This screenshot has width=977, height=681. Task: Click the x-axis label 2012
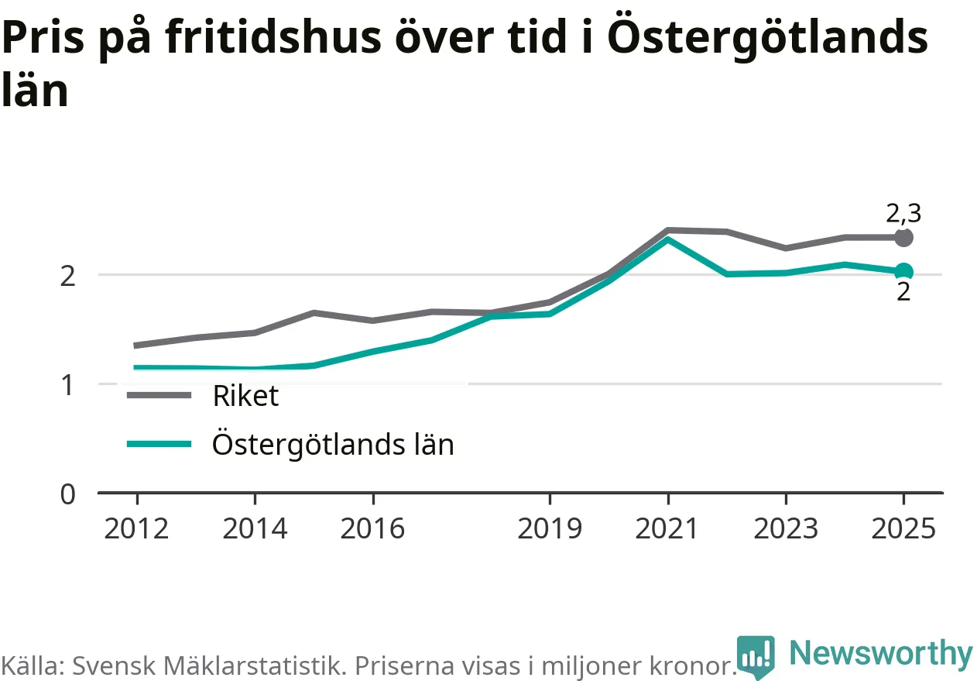pos(136,528)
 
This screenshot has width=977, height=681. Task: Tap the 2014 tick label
pos(255,528)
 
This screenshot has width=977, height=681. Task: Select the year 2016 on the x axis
pos(372,528)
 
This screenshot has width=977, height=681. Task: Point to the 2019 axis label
pos(550,528)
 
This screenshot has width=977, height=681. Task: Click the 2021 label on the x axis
pos(667,528)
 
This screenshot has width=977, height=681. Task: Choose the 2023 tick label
pos(786,528)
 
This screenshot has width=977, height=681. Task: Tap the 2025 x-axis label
pos(903,528)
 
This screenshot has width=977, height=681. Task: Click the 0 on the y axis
pos(68,494)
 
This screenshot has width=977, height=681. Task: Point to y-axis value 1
pos(67,386)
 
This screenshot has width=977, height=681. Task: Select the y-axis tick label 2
pos(67,277)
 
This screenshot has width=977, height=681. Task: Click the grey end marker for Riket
pos(903,238)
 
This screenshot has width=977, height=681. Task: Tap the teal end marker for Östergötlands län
pos(903,271)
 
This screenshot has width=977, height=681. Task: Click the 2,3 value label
pos(903,214)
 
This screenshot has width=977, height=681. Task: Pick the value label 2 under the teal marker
pos(903,291)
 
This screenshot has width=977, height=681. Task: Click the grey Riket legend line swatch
pos(159,395)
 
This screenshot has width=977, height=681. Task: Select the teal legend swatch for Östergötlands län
pos(159,445)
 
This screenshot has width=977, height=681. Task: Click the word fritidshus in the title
pos(273,38)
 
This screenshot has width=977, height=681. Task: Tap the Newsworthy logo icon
pos(756,656)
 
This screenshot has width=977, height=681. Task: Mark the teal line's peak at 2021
pos(667,239)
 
